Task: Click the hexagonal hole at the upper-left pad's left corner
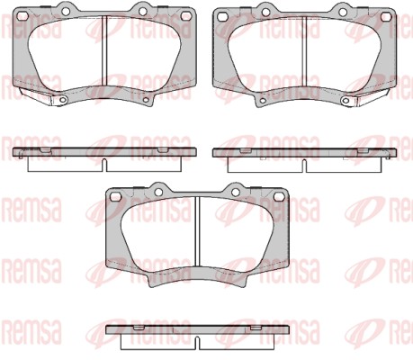click(22, 16)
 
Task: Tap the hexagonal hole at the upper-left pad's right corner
click(187, 16)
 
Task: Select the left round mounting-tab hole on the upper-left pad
click(66, 11)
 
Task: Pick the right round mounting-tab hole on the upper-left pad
click(143, 11)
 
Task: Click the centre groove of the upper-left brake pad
click(104, 51)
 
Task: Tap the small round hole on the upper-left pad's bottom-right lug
click(147, 100)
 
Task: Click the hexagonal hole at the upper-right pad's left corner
click(222, 16)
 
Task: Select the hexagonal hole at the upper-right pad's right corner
click(385, 16)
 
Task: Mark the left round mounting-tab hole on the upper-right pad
click(265, 12)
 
